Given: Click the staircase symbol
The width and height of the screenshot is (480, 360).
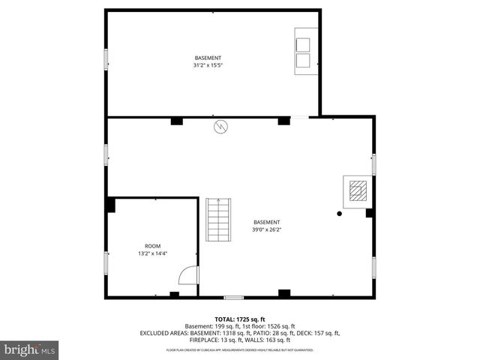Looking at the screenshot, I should (220, 218).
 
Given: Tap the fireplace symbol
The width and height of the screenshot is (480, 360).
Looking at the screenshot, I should (357, 191).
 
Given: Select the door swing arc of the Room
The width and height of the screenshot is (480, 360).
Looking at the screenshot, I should (187, 277).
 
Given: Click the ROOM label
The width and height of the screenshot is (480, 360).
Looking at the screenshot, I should (152, 246).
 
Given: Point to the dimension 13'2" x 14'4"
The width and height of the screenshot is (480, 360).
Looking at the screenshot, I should (152, 253).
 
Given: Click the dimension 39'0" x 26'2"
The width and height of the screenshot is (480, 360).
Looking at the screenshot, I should (267, 230).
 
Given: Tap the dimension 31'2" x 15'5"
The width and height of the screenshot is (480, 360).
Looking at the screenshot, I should (208, 65).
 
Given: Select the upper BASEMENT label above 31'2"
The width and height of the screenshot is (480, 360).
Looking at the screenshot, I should (208, 58).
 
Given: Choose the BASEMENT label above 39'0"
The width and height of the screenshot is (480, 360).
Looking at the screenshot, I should (267, 222).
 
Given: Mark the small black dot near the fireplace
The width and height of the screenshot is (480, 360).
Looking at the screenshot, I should (339, 214).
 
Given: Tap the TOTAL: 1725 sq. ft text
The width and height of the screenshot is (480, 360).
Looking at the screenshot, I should (241, 319).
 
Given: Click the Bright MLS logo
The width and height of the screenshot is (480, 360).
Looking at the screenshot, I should (30, 349).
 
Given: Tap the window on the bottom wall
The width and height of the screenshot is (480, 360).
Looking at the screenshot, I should (233, 298).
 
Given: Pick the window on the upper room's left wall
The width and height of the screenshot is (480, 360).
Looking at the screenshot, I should (106, 60).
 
